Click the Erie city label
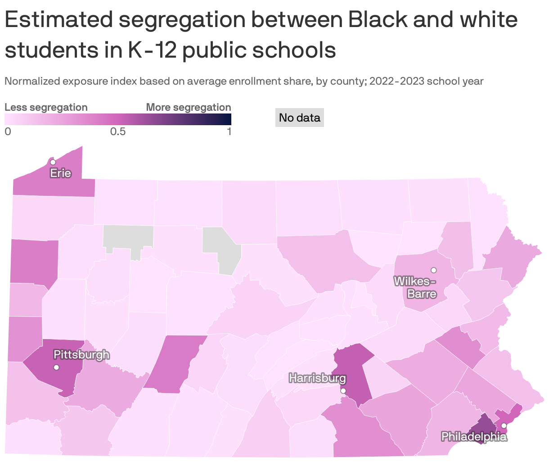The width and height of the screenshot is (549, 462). [x=60, y=173]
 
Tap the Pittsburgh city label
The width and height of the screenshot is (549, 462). [x=81, y=354]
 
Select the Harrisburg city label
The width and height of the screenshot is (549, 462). [x=317, y=378]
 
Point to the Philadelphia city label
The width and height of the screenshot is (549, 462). [x=474, y=436]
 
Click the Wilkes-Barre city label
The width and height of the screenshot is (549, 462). [x=415, y=287]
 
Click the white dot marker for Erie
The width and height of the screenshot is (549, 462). [x=53, y=162]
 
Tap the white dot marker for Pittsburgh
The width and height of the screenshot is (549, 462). [x=56, y=367]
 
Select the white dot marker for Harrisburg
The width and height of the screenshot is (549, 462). [x=343, y=391]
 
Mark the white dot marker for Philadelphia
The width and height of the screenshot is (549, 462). [x=504, y=426]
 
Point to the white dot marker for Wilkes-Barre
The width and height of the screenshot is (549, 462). [x=434, y=270]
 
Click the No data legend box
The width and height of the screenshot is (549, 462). [x=299, y=118]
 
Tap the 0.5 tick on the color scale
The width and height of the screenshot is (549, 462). [x=118, y=131]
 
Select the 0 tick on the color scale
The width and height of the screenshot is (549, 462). [x=7, y=131]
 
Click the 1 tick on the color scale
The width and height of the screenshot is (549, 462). [x=229, y=131]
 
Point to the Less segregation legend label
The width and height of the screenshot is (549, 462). [x=46, y=107]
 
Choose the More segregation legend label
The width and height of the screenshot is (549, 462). [x=189, y=107]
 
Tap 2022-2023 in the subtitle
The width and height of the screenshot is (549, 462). [x=397, y=82]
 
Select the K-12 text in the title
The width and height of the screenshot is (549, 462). [x=151, y=50]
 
